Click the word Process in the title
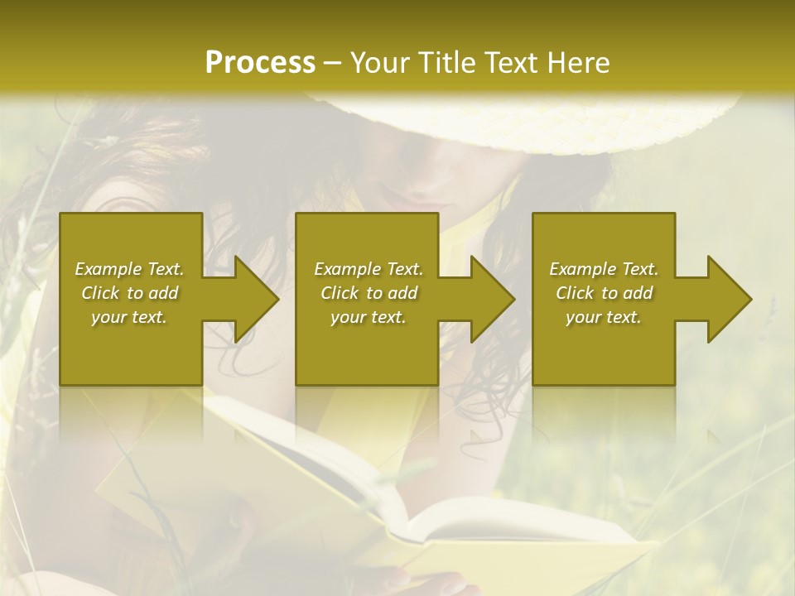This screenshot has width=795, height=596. pos(260,62)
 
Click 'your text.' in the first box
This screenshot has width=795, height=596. pos(129,316)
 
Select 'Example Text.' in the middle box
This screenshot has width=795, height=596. pos(369,269)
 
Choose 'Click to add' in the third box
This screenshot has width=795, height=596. pos(605,293)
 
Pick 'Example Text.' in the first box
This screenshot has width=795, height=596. pos(129,269)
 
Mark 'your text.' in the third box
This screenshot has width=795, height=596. pos(604,316)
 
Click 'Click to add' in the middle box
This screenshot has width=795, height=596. pos(369,293)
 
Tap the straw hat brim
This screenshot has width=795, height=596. pos(530,124)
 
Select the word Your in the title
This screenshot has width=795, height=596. pos(383,62)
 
